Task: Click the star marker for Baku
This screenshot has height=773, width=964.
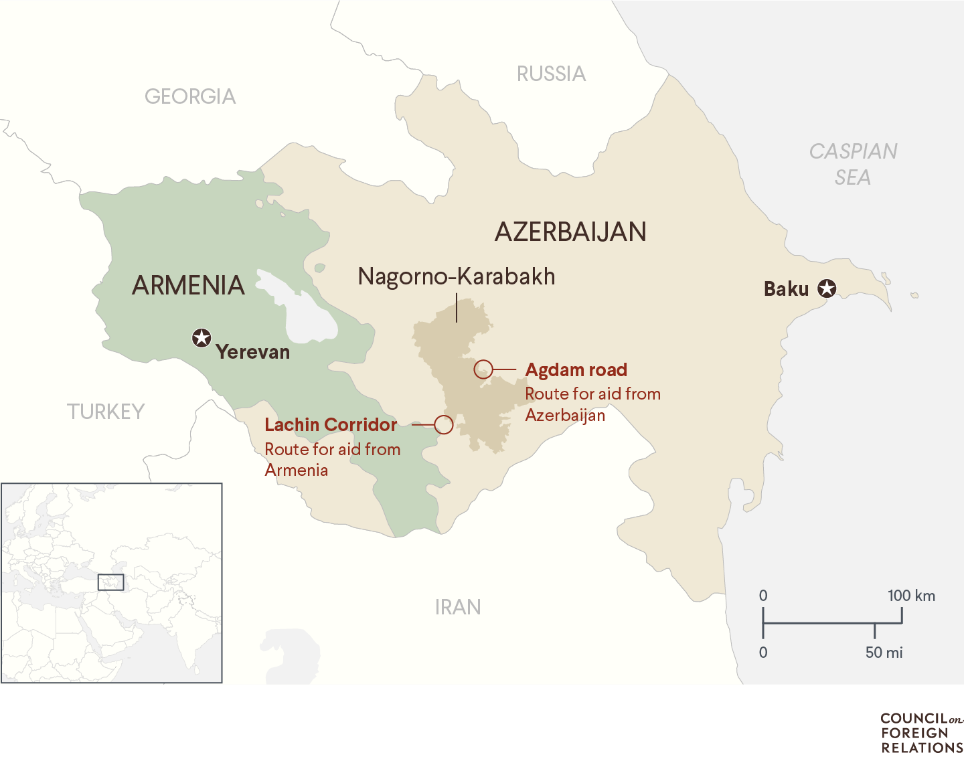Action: (x=827, y=288)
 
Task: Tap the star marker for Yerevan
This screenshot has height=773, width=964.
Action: (x=202, y=338)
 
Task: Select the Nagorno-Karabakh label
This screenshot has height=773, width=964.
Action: (x=456, y=276)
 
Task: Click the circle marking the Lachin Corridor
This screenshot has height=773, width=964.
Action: (x=443, y=424)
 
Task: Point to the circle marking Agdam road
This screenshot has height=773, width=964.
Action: (x=483, y=369)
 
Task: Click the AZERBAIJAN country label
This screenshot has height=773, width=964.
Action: (x=570, y=232)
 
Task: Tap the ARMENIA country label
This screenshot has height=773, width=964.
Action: (x=188, y=286)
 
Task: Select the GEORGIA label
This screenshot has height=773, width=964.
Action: (x=190, y=97)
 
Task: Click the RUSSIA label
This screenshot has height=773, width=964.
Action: (x=551, y=74)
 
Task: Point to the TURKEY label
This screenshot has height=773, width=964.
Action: (x=106, y=412)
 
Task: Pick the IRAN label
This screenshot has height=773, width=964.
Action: (x=458, y=607)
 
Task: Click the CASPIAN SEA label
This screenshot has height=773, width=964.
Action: (x=853, y=164)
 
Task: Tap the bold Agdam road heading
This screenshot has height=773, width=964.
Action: (x=576, y=370)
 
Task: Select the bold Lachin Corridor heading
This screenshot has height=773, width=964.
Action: (x=331, y=425)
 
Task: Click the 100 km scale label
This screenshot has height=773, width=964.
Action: (x=911, y=596)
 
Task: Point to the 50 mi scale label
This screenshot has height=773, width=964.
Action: (x=884, y=653)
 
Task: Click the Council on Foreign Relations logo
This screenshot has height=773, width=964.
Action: (x=921, y=733)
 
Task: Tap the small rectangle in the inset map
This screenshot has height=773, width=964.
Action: (x=110, y=582)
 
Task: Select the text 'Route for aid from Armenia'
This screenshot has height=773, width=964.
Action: (x=332, y=459)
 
